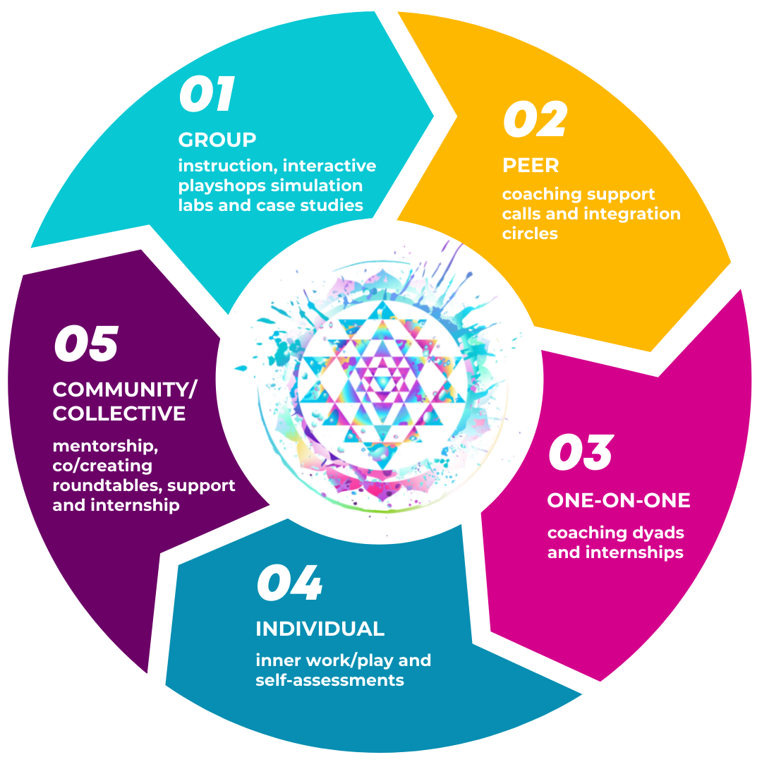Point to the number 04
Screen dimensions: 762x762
point(289,583)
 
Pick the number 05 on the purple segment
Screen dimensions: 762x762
point(86,344)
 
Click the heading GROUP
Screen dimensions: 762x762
point(217,140)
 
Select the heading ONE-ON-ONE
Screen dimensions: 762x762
point(619,500)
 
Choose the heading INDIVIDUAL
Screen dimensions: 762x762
point(320,629)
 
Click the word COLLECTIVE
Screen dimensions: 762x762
point(119,413)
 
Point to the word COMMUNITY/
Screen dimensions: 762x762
point(126,389)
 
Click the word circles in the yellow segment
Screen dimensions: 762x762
point(530,234)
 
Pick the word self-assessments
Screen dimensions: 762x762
point(329,680)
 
